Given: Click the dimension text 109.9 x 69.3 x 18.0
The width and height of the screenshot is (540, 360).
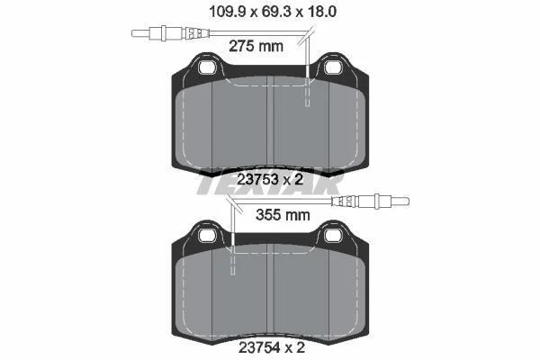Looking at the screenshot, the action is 273,12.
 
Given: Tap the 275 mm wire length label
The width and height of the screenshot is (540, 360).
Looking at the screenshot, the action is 256,46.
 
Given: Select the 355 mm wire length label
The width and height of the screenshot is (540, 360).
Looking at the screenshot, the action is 283,215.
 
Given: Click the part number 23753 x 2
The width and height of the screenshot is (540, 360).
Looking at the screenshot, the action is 270,179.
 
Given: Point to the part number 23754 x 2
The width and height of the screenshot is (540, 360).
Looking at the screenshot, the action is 272,347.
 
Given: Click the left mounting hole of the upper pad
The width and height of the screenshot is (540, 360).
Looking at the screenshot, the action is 207,67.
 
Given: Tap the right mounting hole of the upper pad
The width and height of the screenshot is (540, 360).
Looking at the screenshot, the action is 333,67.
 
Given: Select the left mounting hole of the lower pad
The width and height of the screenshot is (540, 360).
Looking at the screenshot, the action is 207,236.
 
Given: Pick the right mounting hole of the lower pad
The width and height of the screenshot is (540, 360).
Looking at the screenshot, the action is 333,236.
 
